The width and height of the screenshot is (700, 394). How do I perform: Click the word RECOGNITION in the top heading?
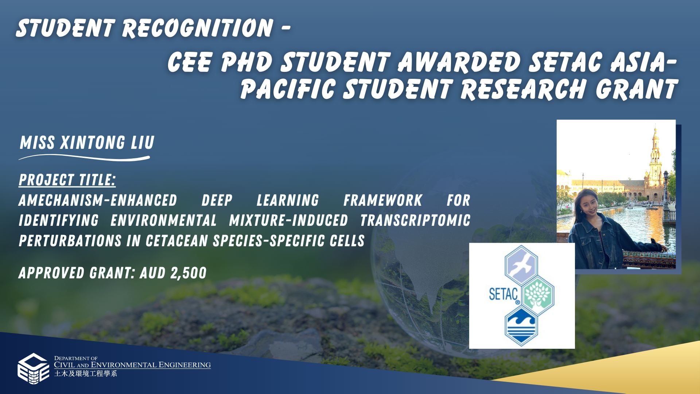tap(197, 28)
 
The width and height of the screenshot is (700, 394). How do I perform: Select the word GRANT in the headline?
tap(637, 89)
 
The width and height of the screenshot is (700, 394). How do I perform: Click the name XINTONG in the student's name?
tap(93, 143)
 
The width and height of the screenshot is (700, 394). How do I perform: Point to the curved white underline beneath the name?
tap(84, 158)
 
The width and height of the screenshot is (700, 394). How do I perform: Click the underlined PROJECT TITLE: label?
tap(67, 180)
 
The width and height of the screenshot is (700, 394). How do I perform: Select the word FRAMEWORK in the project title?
tap(382, 201)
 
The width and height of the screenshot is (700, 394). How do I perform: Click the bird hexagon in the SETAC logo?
tap(521, 265)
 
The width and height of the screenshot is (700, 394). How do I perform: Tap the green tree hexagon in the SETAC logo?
tap(538, 295)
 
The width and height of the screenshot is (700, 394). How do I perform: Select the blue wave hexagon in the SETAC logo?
tap(521, 326)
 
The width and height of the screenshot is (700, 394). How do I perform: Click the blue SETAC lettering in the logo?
tap(503, 294)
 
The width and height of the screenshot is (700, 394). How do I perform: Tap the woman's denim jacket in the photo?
tap(605, 241)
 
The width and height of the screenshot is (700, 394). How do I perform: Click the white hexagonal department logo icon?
tap(33, 368)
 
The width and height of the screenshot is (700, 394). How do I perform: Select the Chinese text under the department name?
tap(86, 374)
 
